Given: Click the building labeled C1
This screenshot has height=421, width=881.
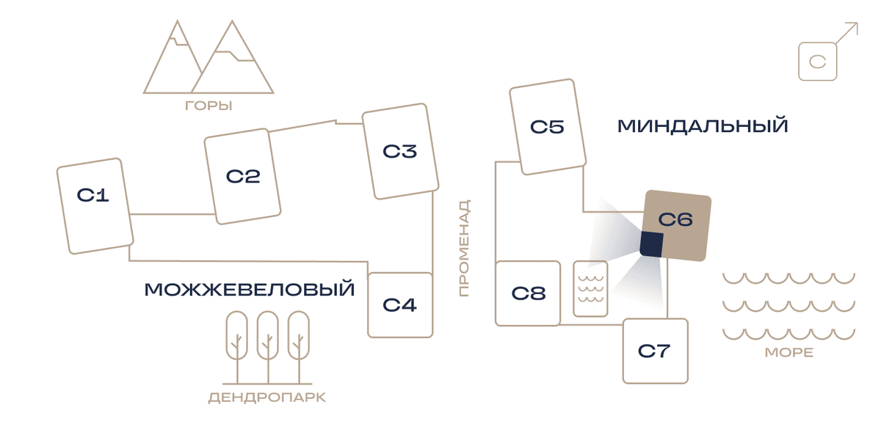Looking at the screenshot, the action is (x=95, y=206).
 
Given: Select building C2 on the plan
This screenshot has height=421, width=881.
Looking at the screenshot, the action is (x=242, y=177).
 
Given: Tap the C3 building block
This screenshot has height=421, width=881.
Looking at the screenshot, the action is (x=400, y=151).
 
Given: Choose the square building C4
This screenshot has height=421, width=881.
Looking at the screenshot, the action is (x=400, y=305).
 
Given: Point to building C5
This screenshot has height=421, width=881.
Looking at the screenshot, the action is (x=548, y=127).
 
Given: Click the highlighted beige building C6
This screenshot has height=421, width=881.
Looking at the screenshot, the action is (x=675, y=226).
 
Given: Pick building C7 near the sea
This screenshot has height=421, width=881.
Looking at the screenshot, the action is (x=655, y=351).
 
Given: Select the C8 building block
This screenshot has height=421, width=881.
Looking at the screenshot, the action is (x=528, y=293).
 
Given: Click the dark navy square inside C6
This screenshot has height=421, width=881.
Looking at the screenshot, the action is (x=651, y=244).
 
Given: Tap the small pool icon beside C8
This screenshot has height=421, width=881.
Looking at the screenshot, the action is (x=590, y=288).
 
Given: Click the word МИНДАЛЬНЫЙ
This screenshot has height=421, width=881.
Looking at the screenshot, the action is (x=703, y=126).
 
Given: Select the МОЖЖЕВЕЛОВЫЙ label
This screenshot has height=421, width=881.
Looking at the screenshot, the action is (x=250, y=289).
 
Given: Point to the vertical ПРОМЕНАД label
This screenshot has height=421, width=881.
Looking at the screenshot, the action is (x=464, y=248).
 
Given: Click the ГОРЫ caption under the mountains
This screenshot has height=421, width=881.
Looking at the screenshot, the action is (x=209, y=106).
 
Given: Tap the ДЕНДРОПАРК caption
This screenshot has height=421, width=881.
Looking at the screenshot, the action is (x=267, y=398).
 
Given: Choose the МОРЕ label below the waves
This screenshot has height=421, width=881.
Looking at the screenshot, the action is (x=789, y=352).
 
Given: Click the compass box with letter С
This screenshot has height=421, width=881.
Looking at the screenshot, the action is (x=817, y=62).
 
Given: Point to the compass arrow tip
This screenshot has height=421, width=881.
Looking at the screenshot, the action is (x=858, y=23).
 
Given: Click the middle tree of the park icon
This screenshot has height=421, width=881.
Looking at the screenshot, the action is (x=268, y=347).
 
